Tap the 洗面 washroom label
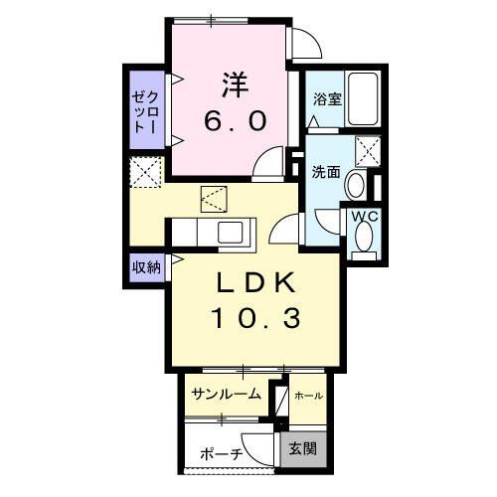326,172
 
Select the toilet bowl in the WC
364,237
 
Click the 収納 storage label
142,266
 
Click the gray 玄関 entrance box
303,448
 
